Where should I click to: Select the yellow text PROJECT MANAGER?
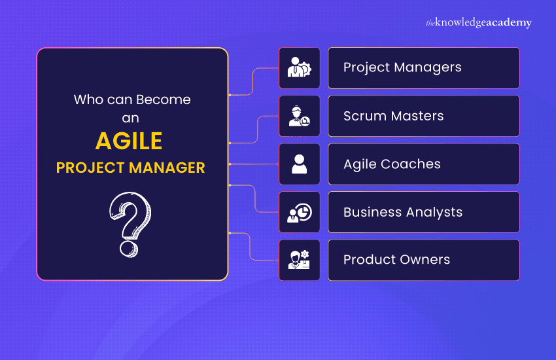pyautogui.click(x=131, y=168)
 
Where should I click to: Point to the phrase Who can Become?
pyautogui.click(x=132, y=99)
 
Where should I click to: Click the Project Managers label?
pyautogui.click(x=402, y=67)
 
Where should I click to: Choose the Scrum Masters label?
pyautogui.click(x=393, y=116)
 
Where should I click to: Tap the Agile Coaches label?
pyautogui.click(x=392, y=164)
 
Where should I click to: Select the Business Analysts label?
pyautogui.click(x=402, y=212)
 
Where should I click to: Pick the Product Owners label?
pyautogui.click(x=396, y=260)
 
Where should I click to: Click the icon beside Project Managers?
pyautogui.click(x=300, y=68)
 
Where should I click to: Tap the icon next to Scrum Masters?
pyautogui.click(x=300, y=116)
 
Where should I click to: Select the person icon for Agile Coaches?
pyautogui.click(x=300, y=164)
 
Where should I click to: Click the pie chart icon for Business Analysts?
pyautogui.click(x=300, y=212)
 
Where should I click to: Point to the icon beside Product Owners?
pyautogui.click(x=300, y=261)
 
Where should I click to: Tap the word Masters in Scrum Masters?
pyautogui.click(x=418, y=116)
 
